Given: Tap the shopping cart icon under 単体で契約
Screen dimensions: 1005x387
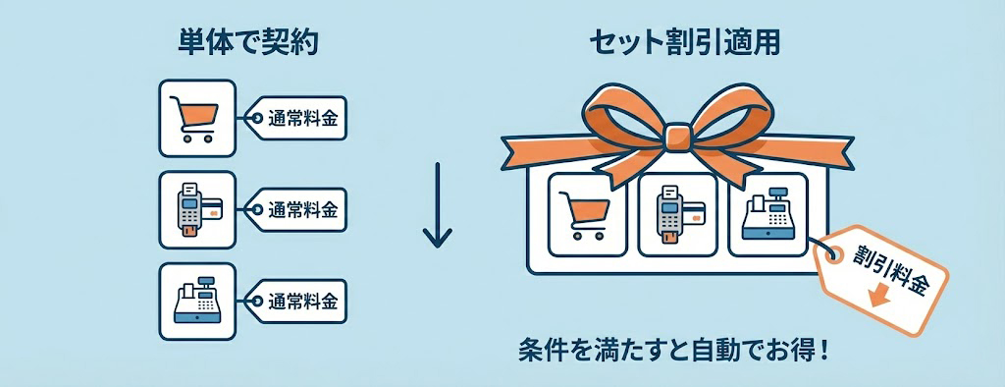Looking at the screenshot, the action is [196, 119].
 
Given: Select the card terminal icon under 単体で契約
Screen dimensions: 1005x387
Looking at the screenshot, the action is [196, 209].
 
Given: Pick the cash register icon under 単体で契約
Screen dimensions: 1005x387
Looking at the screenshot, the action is [196, 300].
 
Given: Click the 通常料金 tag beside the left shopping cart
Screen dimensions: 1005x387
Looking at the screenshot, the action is [300, 119].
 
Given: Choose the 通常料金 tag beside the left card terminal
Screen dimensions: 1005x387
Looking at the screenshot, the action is [300, 209].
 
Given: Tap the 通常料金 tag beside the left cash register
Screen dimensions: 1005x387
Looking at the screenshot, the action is [300, 300].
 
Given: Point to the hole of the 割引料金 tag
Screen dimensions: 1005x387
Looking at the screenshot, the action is [834, 252].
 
